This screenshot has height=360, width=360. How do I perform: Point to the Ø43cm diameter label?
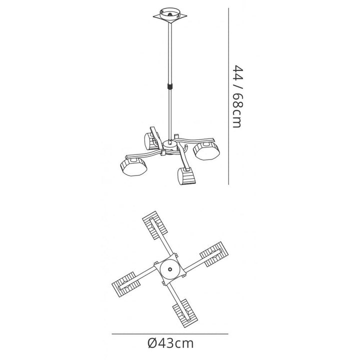pos(169,343)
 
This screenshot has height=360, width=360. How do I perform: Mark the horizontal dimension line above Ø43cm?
pos(169,333)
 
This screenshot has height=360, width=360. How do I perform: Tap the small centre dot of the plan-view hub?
pos(170,269)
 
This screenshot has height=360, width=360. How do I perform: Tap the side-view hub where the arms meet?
pos(169,145)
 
